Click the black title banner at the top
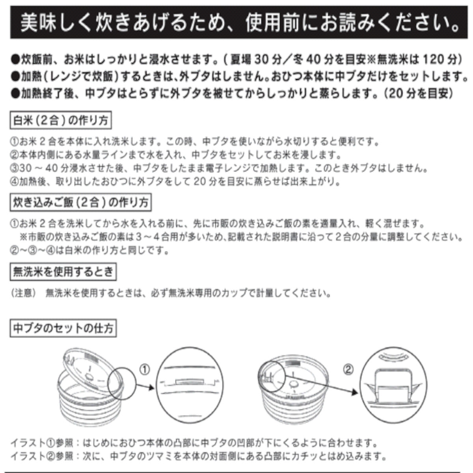[236, 24]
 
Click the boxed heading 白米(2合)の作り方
[60, 121]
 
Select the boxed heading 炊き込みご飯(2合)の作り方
[80, 203]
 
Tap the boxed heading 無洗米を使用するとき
[63, 272]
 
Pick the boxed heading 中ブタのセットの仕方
[63, 328]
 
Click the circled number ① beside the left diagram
[145, 370]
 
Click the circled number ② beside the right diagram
[348, 370]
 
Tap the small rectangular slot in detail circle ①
[190, 382]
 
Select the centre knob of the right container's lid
[293, 384]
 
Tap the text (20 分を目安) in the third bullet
[419, 93]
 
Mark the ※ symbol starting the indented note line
[23, 237]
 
